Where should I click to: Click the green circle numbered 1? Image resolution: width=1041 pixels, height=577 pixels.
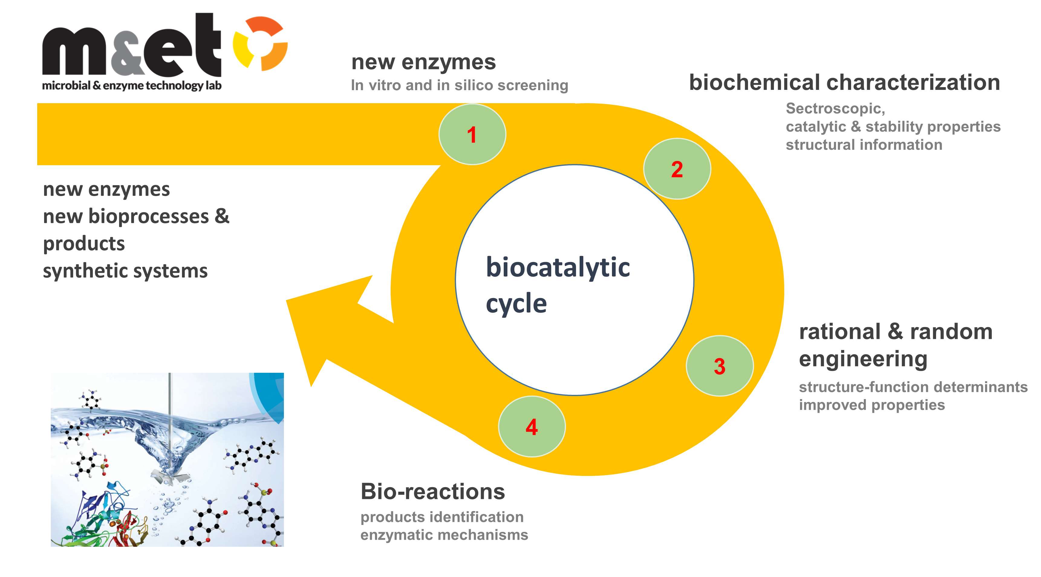click(472, 134)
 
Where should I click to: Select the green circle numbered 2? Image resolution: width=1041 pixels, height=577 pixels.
click(677, 169)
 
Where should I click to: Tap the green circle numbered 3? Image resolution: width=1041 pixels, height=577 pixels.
click(720, 366)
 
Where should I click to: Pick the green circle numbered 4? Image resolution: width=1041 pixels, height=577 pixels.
click(532, 427)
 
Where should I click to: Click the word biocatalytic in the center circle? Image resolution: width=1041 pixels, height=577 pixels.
click(558, 268)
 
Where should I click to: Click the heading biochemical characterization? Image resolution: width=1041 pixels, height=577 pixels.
click(844, 83)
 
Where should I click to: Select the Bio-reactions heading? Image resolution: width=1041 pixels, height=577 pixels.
click(432, 492)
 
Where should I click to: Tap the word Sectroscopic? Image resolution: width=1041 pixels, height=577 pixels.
click(835, 108)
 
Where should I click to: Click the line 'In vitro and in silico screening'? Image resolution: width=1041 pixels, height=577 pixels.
click(460, 85)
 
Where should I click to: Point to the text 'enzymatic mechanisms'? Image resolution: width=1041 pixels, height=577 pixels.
click(444, 535)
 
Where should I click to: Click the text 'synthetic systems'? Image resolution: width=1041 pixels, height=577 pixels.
click(125, 271)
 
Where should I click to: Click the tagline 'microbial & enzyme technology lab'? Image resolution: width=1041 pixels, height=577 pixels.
click(132, 86)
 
